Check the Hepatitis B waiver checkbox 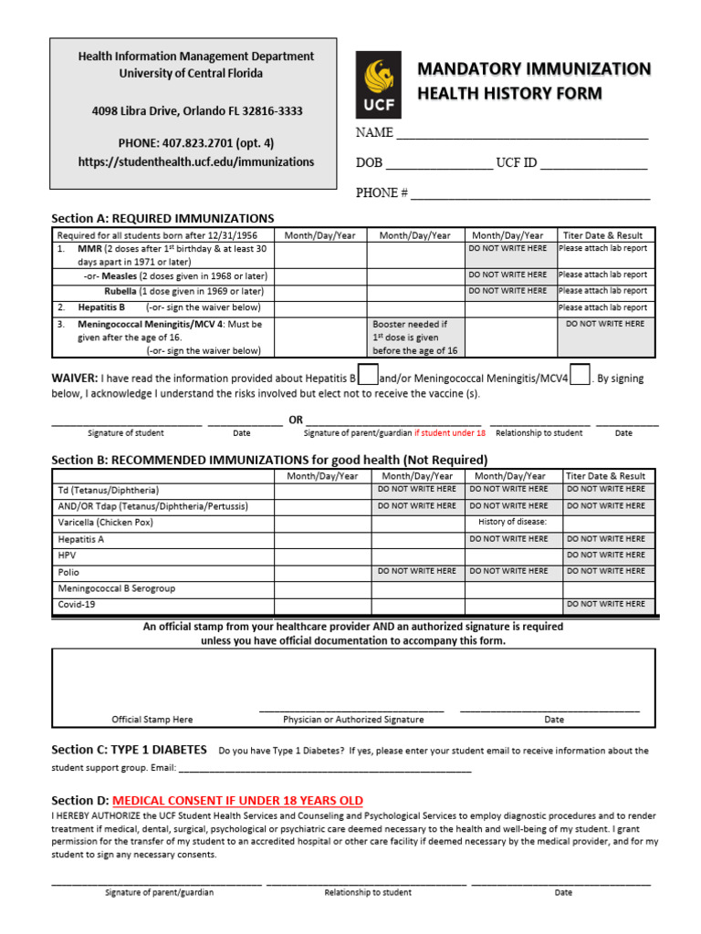coord(368,376)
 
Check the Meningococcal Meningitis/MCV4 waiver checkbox coord(580,376)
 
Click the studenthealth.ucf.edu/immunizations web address coord(195,161)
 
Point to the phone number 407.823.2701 coord(195,143)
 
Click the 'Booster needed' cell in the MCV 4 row coord(416,337)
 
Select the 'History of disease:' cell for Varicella coord(513,523)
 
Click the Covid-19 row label coord(78,605)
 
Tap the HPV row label coord(68,555)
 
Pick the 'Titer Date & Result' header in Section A coord(604,235)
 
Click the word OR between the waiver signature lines coord(296,420)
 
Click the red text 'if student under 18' coord(450,433)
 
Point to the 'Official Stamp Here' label coord(152,720)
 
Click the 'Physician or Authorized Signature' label coord(353,720)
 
